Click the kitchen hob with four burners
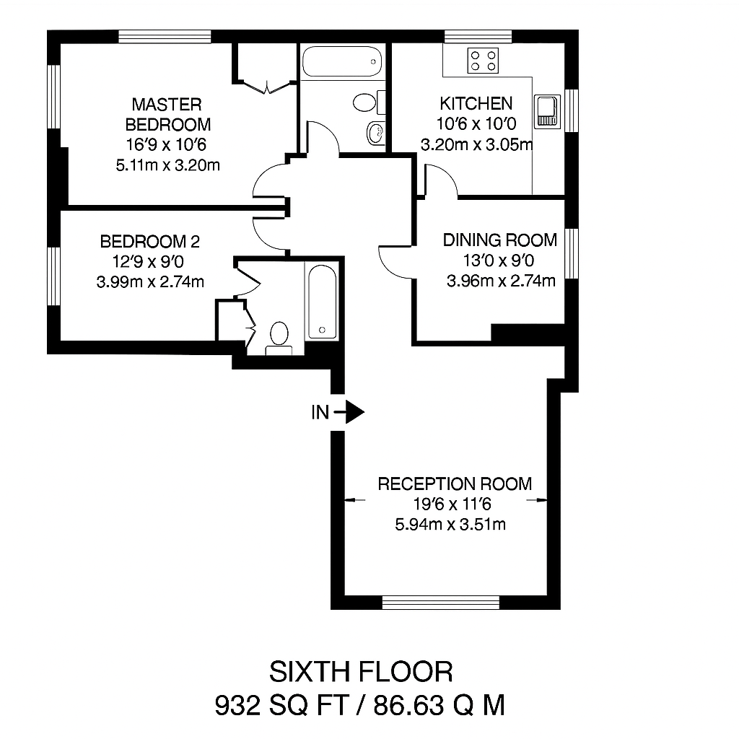[x=483, y=61]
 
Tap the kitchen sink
[x=547, y=112]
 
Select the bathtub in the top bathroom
[x=341, y=61]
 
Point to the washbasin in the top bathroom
[x=375, y=133]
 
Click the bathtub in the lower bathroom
[x=323, y=302]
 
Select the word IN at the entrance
[x=320, y=412]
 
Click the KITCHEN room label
[x=476, y=103]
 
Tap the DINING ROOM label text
[x=500, y=240]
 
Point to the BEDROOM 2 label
[x=150, y=241]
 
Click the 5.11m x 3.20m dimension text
[x=167, y=165]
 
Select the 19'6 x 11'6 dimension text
[x=452, y=504]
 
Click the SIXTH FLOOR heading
[x=361, y=672]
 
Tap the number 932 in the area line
[x=237, y=706]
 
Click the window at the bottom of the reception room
[x=440, y=603]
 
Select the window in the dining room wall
[x=572, y=253]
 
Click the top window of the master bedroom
[x=165, y=36]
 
